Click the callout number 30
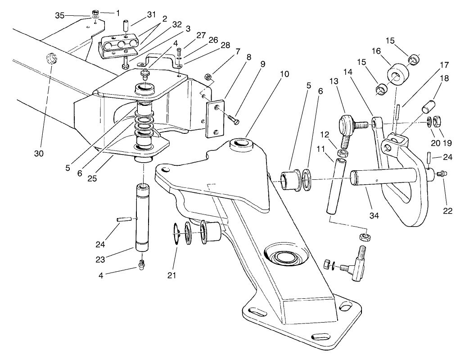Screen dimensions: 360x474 pos(39,153)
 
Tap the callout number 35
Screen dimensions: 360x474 pos(60,16)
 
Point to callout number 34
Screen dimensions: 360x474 pos(375,216)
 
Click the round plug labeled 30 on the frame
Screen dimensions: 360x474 pos(52,59)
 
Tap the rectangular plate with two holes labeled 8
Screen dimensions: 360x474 pos(215,118)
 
